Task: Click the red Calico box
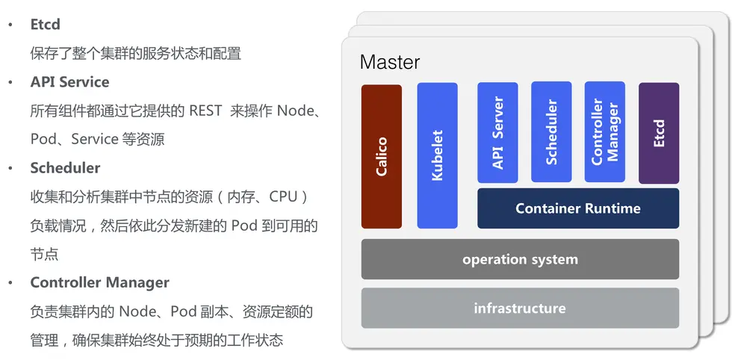pyautogui.click(x=382, y=156)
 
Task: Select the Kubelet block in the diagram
pyautogui.click(x=437, y=155)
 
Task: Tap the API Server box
pyautogui.click(x=497, y=133)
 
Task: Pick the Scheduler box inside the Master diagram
pyautogui.click(x=551, y=132)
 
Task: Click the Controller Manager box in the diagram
pyautogui.click(x=604, y=132)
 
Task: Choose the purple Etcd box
pyautogui.click(x=659, y=133)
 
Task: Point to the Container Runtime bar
pyautogui.click(x=578, y=208)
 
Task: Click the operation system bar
pyautogui.click(x=520, y=259)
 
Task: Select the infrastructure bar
pyautogui.click(x=520, y=308)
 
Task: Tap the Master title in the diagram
pyautogui.click(x=390, y=63)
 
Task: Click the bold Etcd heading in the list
pyautogui.click(x=46, y=25)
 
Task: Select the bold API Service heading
pyautogui.click(x=69, y=82)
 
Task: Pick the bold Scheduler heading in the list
pyautogui.click(x=66, y=168)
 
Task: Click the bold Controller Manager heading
pyautogui.click(x=100, y=282)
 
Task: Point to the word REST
pyautogui.click(x=205, y=111)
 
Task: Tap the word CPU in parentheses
pyautogui.click(x=283, y=196)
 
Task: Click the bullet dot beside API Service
pyautogui.click(x=10, y=82)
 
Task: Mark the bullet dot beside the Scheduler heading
pyautogui.click(x=10, y=168)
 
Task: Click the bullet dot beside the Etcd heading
pyautogui.click(x=10, y=25)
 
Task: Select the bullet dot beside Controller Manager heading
pyautogui.click(x=10, y=282)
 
